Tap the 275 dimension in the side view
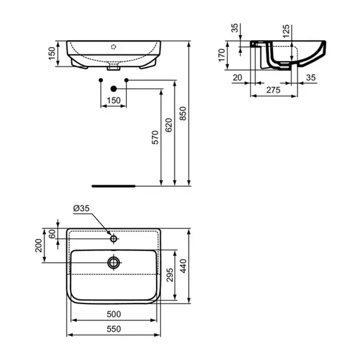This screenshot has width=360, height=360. pyautogui.click(x=273, y=90)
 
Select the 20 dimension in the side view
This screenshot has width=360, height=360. pyautogui.click(x=238, y=78)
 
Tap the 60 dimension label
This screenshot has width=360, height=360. pyautogui.click(x=52, y=234)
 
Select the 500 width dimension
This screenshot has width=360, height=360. pyautogui.click(x=114, y=314)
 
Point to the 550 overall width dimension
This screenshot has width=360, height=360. pyautogui.click(x=114, y=329)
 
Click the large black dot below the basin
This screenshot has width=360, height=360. pyautogui.click(x=113, y=89)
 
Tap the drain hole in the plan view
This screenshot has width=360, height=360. pyautogui.click(x=114, y=262)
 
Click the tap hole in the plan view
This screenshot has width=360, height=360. pyautogui.click(x=114, y=238)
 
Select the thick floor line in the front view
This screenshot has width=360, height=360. pyautogui.click(x=113, y=185)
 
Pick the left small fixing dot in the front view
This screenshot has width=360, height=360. pyautogui.click(x=100, y=80)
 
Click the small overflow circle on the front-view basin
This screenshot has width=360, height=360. pyautogui.click(x=114, y=46)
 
